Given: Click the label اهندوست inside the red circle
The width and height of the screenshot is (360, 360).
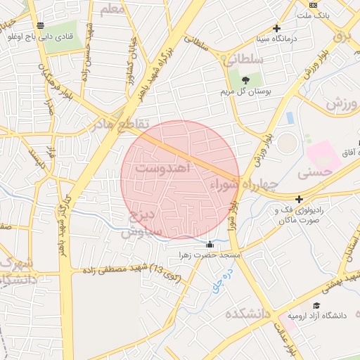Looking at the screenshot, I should pyautogui.click(x=163, y=169).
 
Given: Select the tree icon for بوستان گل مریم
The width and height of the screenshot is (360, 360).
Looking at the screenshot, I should pyautogui.click(x=246, y=79).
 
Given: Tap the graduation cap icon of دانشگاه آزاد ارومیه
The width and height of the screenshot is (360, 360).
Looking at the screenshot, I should pyautogui.click(x=317, y=305).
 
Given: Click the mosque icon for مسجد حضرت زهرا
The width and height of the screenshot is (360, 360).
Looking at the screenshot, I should pyautogui.click(x=209, y=245).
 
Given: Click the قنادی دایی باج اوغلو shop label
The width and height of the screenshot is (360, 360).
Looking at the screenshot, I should pyautogui.click(x=60, y=35).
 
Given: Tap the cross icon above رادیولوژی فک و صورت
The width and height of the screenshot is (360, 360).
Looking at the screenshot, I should pyautogui.click(x=300, y=199).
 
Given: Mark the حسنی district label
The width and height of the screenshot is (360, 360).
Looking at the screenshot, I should pyautogui.click(x=314, y=171).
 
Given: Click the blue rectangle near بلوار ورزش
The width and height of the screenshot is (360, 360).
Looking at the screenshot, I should pyautogui.click(x=290, y=118).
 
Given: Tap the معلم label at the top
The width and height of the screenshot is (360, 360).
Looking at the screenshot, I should pyautogui.click(x=112, y=9).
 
